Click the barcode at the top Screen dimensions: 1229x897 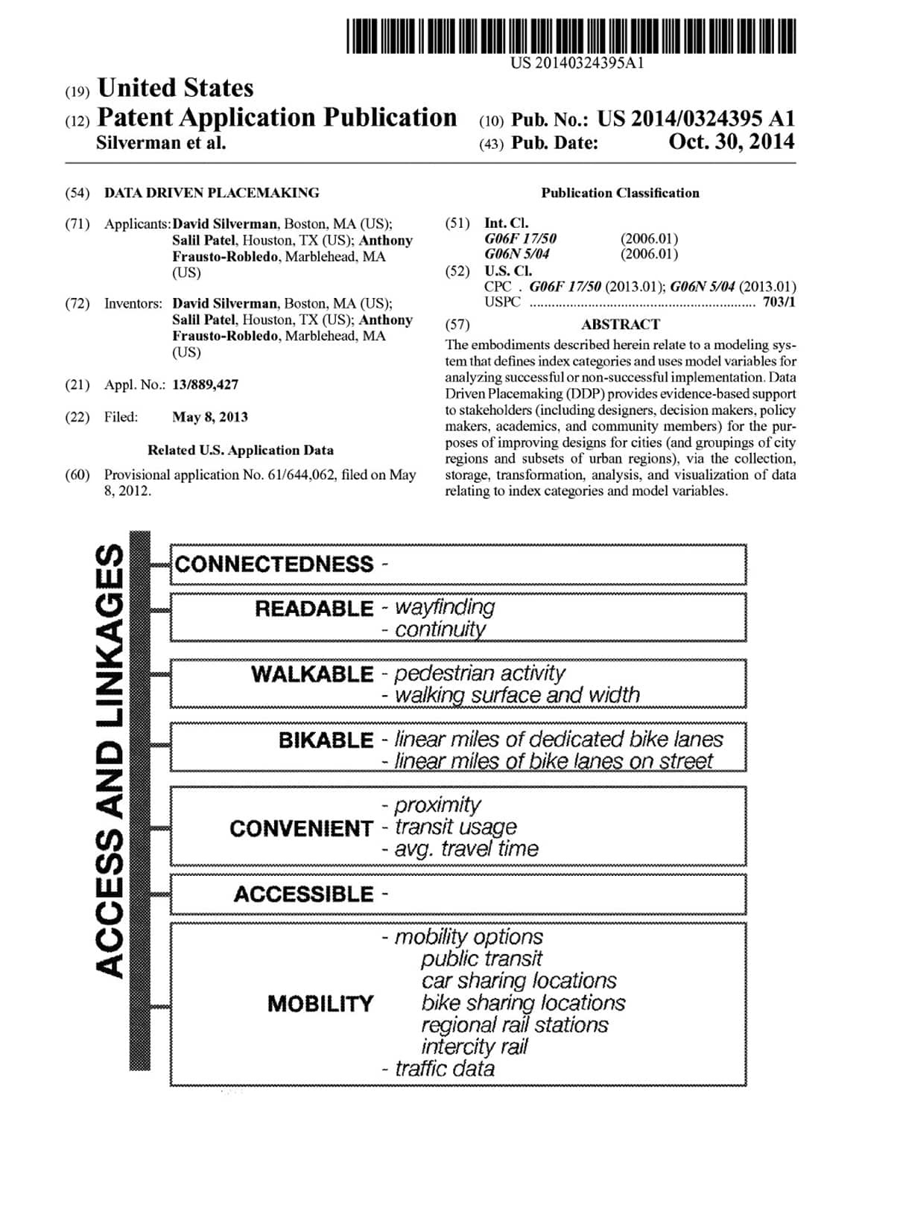pyautogui.click(x=571, y=36)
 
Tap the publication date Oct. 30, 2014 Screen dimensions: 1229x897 pyautogui.click(x=731, y=142)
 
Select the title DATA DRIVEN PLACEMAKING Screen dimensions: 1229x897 pyautogui.click(x=212, y=193)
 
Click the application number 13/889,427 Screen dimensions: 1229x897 pyautogui.click(x=205, y=384)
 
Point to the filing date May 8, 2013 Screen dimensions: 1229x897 pyautogui.click(x=209, y=417)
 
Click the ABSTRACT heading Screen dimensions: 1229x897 pyautogui.click(x=620, y=325)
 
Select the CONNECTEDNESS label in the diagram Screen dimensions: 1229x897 pyautogui.click(x=274, y=564)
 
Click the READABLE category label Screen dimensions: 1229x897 pyautogui.click(x=314, y=609)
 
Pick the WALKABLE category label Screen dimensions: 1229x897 pyautogui.click(x=311, y=674)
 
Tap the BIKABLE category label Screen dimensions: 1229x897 pyautogui.click(x=326, y=740)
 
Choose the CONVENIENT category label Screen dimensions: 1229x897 pyautogui.click(x=300, y=828)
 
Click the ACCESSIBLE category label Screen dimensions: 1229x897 pyautogui.click(x=303, y=894)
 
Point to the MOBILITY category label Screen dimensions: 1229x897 pyautogui.click(x=320, y=1004)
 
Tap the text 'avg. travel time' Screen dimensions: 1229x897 pyautogui.click(x=466, y=849)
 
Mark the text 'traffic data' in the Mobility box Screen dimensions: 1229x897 pyautogui.click(x=444, y=1069)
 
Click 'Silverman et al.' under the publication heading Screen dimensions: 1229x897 pyautogui.click(x=161, y=143)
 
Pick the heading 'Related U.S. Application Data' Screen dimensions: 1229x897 pyautogui.click(x=240, y=450)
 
